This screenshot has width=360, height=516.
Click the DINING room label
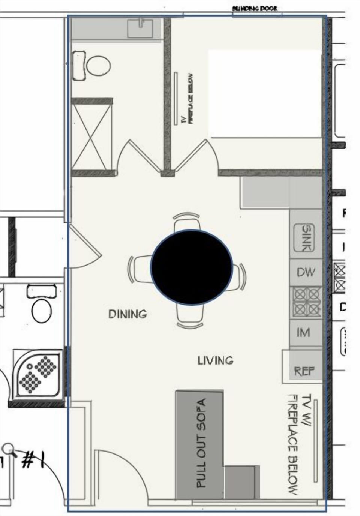[x=127, y=314]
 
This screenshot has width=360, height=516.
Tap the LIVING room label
[x=215, y=360]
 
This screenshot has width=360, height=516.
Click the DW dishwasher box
[x=306, y=273]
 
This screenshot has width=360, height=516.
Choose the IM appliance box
[x=303, y=332]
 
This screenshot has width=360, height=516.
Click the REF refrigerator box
[x=304, y=371]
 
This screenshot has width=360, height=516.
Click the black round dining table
[x=192, y=267]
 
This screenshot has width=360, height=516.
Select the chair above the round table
[x=186, y=222]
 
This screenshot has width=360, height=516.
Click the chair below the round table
[x=190, y=315]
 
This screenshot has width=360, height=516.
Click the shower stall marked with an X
[x=92, y=137]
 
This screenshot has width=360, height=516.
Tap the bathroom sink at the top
[x=140, y=28]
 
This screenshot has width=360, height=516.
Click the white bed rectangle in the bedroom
[x=265, y=93]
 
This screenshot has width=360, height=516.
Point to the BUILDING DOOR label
[x=255, y=8]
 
